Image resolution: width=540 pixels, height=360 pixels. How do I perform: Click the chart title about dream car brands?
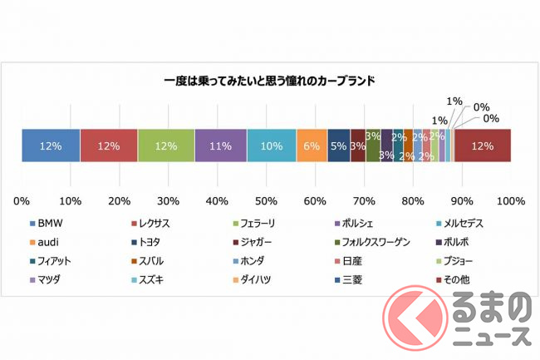tap(269, 82)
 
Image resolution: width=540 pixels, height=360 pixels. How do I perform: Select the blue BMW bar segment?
tap(51, 145)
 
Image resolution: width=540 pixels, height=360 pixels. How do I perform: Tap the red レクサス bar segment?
tap(109, 145)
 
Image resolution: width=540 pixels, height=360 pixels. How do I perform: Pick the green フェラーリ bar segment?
tap(166, 145)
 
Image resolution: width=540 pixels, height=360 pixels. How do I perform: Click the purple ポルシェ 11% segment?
tap(221, 145)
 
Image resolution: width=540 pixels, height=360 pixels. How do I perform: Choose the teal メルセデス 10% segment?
tap(272, 145)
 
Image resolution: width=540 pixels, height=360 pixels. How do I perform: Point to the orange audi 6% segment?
tap(312, 145)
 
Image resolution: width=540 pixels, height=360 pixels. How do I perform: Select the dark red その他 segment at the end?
tap(482, 145)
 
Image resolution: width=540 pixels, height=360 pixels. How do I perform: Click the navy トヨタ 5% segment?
tap(339, 145)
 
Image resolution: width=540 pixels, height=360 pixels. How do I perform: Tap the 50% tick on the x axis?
tap(266, 200)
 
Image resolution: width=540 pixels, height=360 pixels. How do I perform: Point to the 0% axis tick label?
tap(22, 200)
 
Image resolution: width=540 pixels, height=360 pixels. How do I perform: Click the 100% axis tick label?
tap(510, 200)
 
